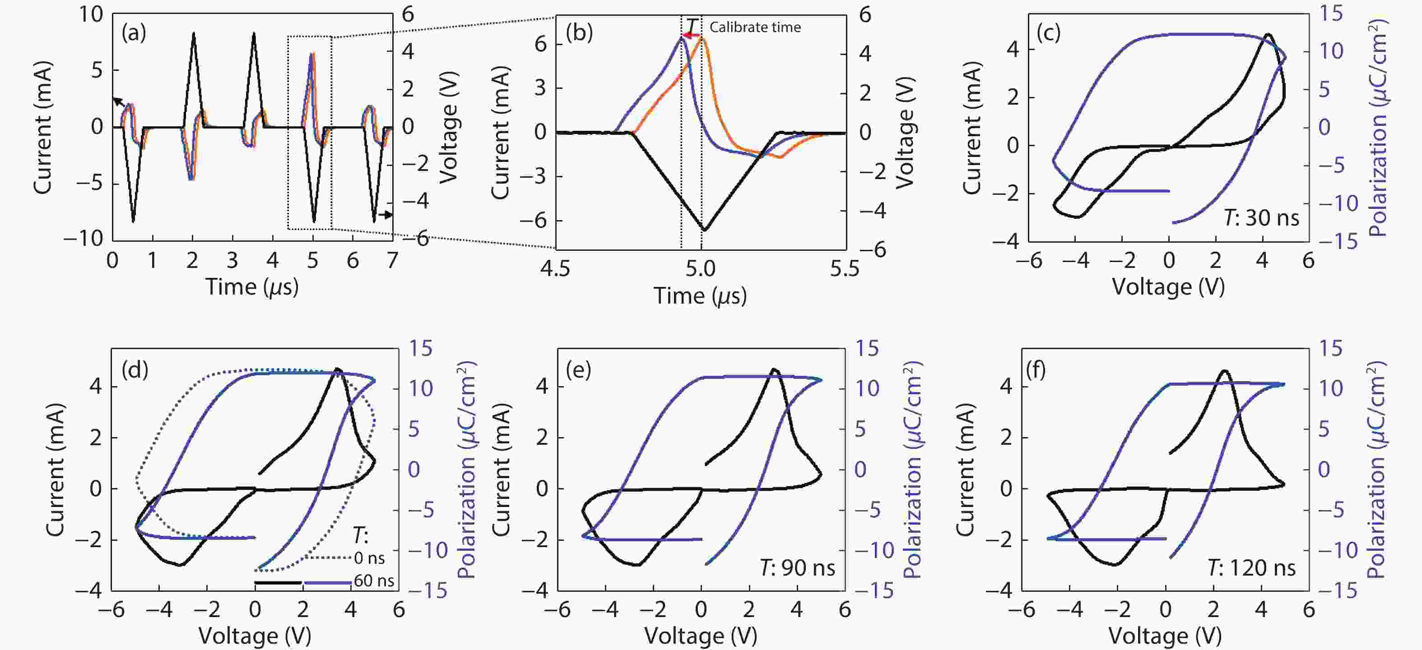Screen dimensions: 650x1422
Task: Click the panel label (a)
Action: point(134,34)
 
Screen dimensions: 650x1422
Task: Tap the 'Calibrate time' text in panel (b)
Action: point(755,28)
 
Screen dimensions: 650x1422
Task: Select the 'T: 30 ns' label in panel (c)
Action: point(1261,218)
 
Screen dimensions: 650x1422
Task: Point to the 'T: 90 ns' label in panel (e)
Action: point(797,567)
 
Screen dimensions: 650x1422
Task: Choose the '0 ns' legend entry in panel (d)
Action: point(369,558)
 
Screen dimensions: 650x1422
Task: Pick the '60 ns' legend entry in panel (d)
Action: point(374,581)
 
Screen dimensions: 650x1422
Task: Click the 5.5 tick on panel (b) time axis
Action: point(845,269)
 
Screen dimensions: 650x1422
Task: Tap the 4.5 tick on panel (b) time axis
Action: point(555,269)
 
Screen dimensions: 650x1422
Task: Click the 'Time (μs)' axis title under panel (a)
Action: point(252,287)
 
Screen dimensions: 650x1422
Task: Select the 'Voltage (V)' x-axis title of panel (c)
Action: point(1168,287)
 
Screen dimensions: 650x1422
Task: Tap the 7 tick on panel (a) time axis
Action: point(392,260)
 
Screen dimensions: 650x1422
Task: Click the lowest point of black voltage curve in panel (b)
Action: point(704,230)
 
